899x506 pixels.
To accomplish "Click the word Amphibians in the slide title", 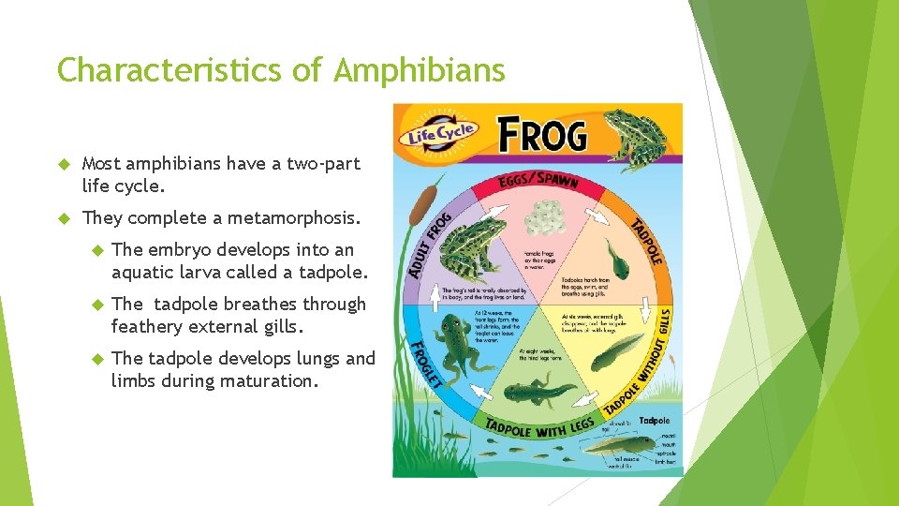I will (x=420, y=70).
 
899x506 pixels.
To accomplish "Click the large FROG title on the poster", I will (x=542, y=135).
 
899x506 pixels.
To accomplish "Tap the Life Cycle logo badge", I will (x=442, y=132).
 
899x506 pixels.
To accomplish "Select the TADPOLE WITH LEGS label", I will (x=539, y=425).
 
